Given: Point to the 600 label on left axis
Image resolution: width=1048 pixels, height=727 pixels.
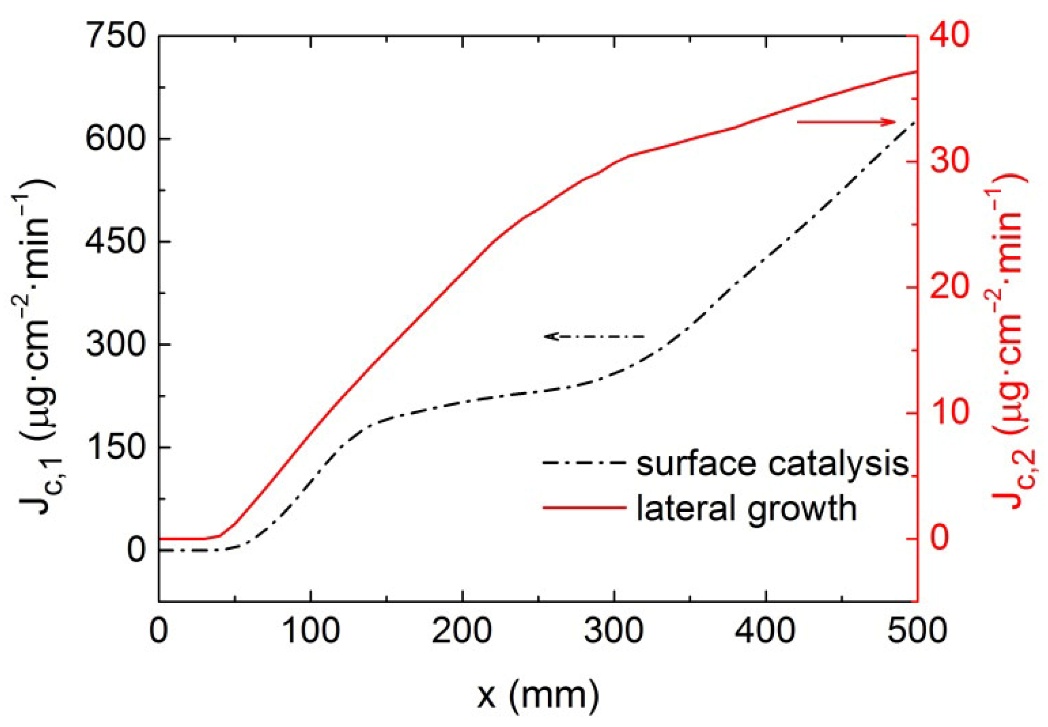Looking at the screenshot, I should click(x=116, y=139).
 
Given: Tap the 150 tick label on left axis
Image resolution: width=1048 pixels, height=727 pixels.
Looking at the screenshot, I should click(x=116, y=447).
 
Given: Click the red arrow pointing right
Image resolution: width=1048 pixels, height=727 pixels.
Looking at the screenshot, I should click(x=846, y=122).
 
